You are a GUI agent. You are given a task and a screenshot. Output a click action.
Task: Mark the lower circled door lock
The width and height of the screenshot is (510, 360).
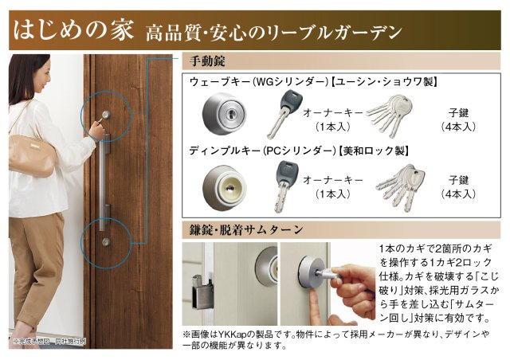pos(105,241)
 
